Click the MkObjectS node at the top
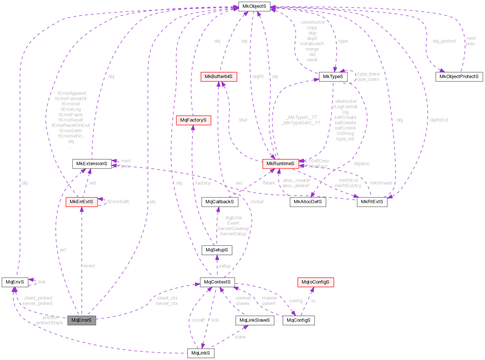click(254, 7)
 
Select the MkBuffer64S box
click(218, 77)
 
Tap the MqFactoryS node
click(193, 120)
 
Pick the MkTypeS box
click(333, 77)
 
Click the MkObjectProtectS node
click(459, 77)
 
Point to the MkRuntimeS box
click(280, 164)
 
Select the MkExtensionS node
click(92, 164)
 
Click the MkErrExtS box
click(81, 202)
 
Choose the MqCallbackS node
click(220, 202)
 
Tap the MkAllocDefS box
click(308, 202)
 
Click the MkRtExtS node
click(372, 202)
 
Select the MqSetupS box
click(217, 250)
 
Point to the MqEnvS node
click(15, 282)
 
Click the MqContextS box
click(217, 282)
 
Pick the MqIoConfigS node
click(315, 282)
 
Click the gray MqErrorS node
click(81, 320)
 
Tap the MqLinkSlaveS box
click(254, 320)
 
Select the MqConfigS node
click(299, 320)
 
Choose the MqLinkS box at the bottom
click(201, 353)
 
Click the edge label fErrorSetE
click(119, 202)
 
